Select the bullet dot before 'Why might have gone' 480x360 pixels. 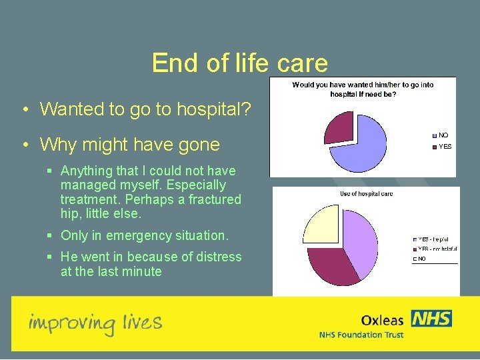tap(23, 144)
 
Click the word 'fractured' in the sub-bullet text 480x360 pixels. tap(214, 199)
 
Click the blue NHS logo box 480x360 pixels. tap(431, 319)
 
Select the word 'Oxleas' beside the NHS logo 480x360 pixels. tap(382, 321)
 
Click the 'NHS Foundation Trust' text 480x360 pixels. tap(361, 335)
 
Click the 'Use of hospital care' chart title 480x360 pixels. tap(366, 193)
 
